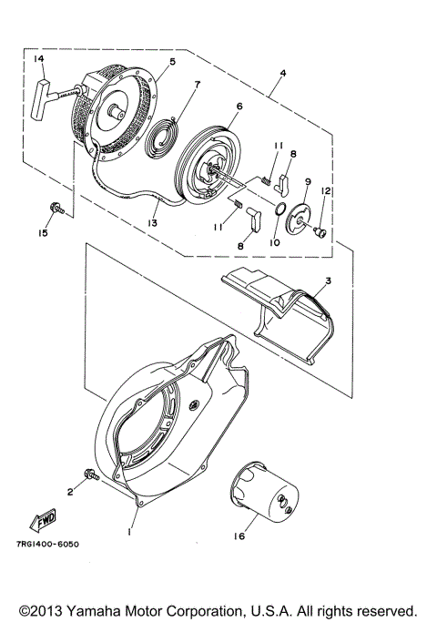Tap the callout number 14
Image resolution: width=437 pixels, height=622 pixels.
coord(38,59)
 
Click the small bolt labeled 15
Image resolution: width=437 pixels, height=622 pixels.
coord(56,210)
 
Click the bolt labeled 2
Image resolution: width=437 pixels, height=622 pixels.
coord(91,473)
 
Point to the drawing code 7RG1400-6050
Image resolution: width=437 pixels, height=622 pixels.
coord(47,545)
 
